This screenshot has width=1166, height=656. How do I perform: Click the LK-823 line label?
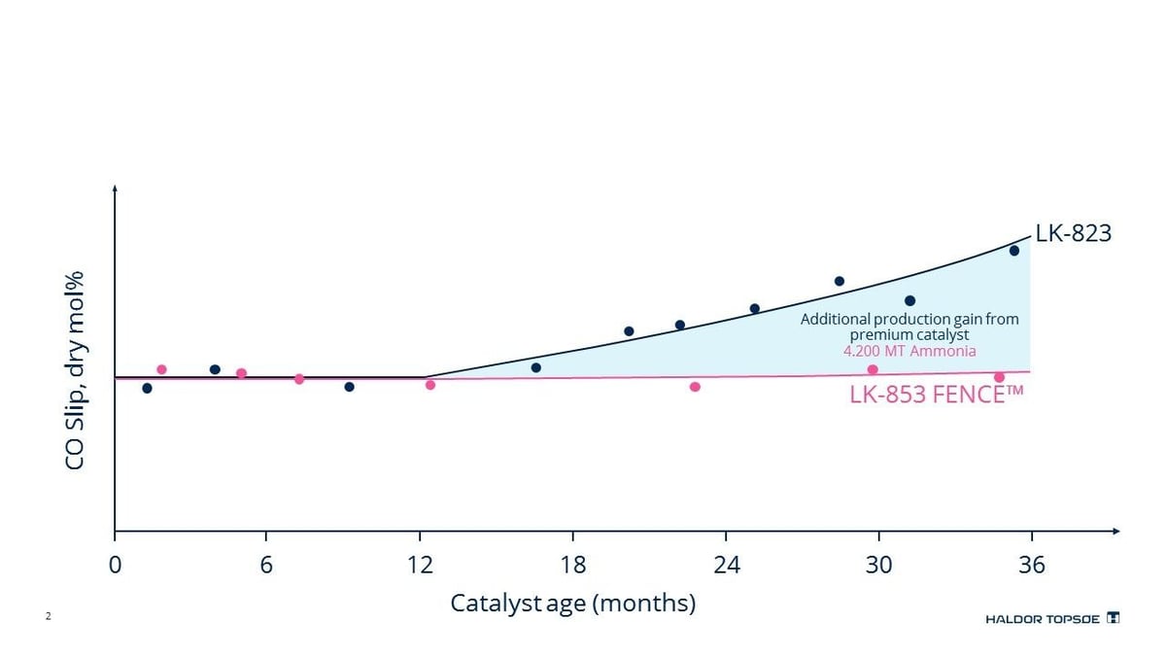pyautogui.click(x=1073, y=233)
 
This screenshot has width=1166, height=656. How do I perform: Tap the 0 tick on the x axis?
pyautogui.click(x=115, y=565)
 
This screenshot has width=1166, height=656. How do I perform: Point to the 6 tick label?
pyautogui.click(x=266, y=565)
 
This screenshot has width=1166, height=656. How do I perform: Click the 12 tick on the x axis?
pyautogui.click(x=420, y=565)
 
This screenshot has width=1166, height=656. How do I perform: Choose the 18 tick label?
pyautogui.click(x=572, y=565)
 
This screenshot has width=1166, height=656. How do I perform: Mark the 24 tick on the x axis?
pyautogui.click(x=726, y=565)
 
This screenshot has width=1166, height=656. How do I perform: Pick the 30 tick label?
pyautogui.click(x=878, y=565)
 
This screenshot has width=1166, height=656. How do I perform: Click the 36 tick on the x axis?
pyautogui.click(x=1031, y=565)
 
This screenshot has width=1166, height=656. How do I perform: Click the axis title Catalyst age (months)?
pyautogui.click(x=572, y=604)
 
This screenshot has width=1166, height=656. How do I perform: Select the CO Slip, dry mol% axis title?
pyautogui.click(x=75, y=370)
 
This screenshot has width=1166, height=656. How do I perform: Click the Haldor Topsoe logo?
pyautogui.click(x=1052, y=618)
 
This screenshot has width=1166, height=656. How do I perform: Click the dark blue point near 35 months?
pyautogui.click(x=1013, y=251)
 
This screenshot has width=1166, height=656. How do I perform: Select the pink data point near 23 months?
pyautogui.click(x=695, y=387)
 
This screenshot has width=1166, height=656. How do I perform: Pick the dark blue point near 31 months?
pyautogui.click(x=909, y=301)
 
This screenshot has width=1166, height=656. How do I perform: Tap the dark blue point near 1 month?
pyautogui.click(x=147, y=388)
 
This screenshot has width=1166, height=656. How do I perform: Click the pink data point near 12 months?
pyautogui.click(x=430, y=385)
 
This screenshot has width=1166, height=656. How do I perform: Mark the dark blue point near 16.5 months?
pyautogui.click(x=536, y=367)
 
